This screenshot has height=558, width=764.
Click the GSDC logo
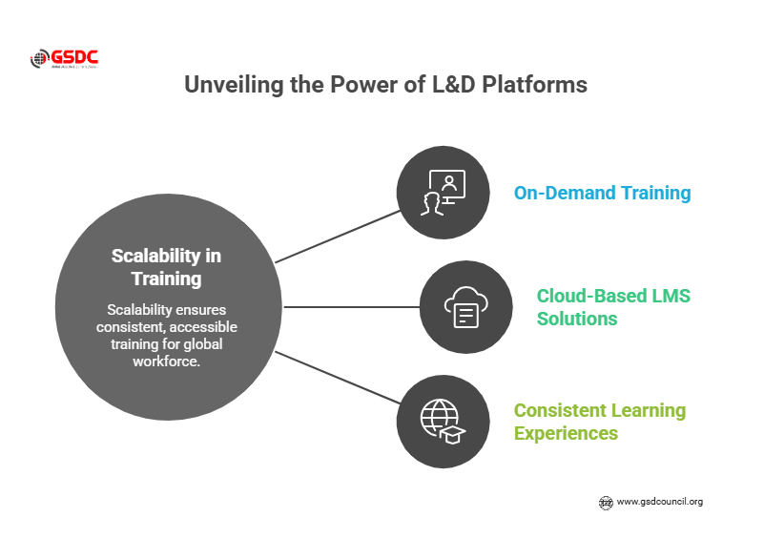64,59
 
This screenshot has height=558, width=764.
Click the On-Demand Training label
602,193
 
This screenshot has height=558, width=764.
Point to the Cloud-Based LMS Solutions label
613,307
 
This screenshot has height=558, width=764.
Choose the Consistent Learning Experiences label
599,422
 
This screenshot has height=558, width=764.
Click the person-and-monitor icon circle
443,193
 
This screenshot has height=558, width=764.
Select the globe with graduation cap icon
443,422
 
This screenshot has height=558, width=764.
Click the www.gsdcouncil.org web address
659,502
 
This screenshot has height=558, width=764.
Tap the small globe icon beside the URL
605,502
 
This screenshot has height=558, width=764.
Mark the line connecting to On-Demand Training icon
336,236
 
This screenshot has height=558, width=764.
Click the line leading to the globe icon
336,379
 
